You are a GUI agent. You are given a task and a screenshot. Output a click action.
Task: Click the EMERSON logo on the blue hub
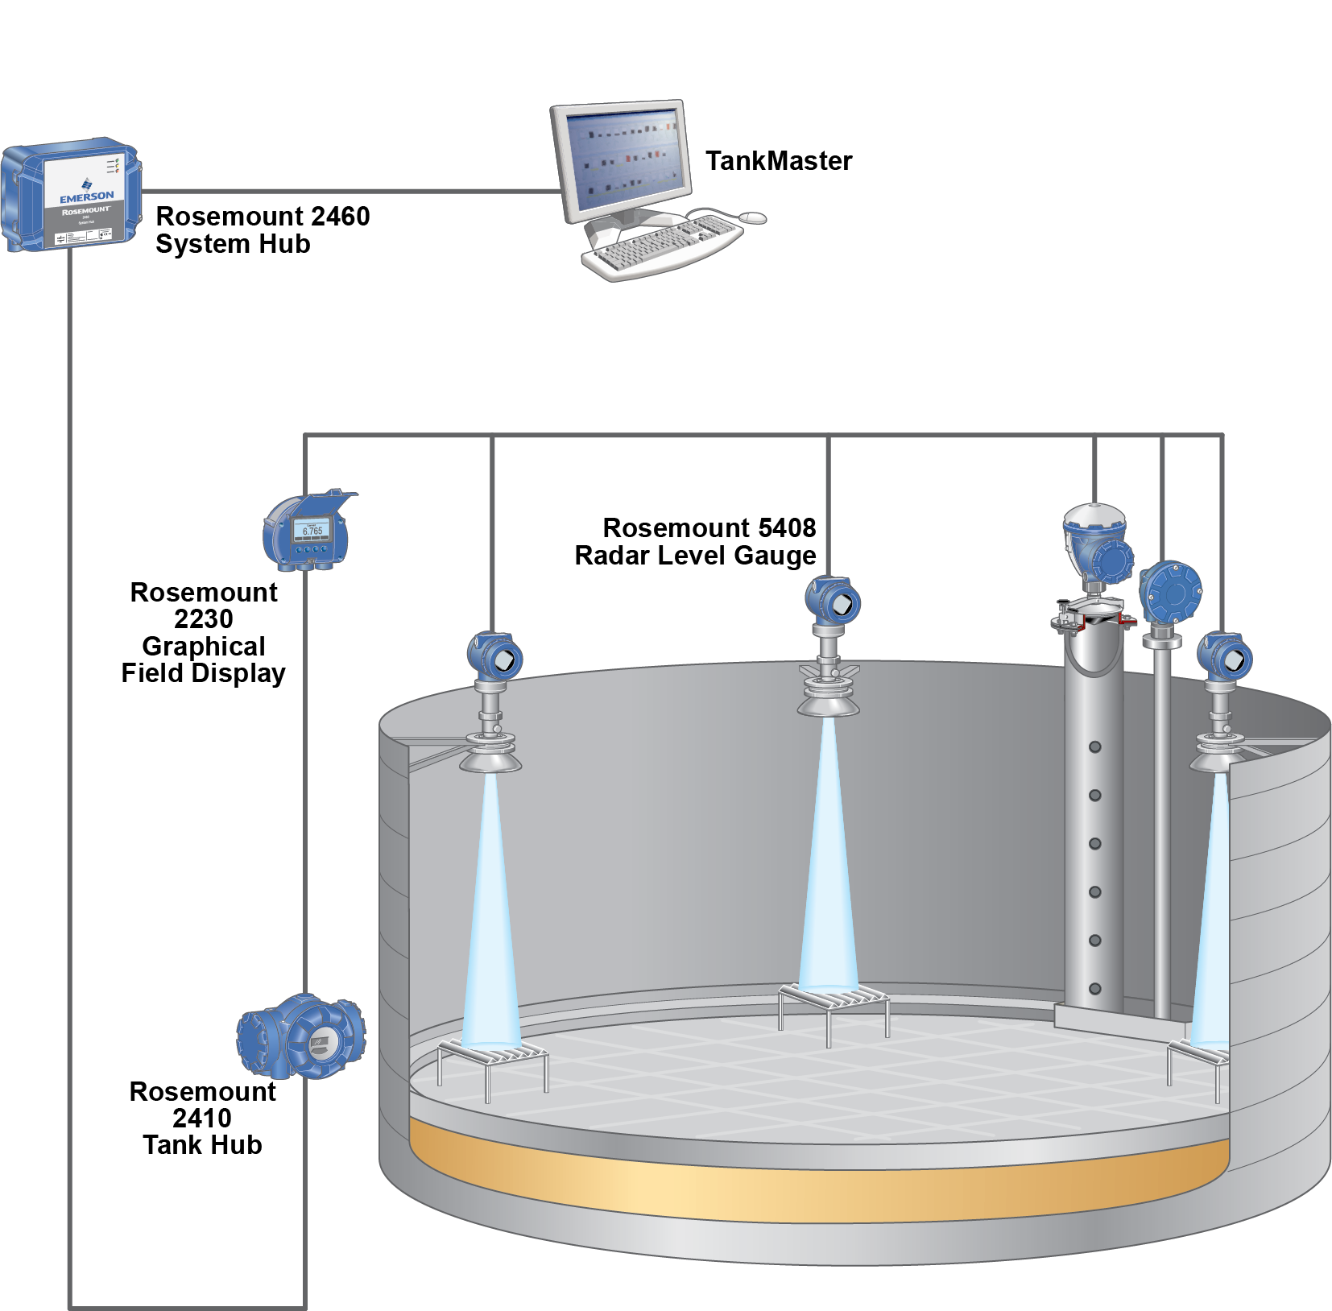[x=86, y=196]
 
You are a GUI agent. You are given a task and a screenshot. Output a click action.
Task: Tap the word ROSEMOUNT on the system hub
[x=86, y=211]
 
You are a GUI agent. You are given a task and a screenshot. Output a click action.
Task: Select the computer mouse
[x=752, y=217]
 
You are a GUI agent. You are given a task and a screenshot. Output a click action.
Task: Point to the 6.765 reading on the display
[x=312, y=531]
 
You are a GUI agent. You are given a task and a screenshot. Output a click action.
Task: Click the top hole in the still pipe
[x=1094, y=747]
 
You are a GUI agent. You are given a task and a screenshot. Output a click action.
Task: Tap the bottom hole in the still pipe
[x=1094, y=988]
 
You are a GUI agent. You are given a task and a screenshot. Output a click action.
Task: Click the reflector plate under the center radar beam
[x=834, y=999]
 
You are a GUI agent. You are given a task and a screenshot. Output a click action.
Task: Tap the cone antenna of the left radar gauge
[x=490, y=758]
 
